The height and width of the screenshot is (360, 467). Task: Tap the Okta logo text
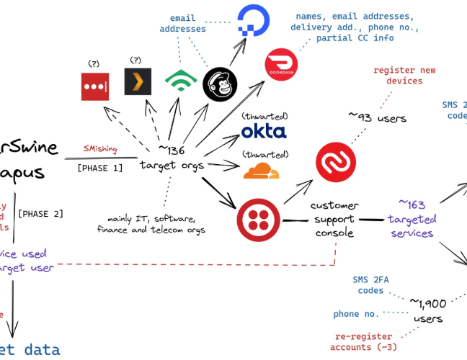(x=263, y=131)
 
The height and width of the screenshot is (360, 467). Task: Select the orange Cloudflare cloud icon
(x=261, y=171)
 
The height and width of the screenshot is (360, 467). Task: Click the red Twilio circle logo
(x=259, y=220)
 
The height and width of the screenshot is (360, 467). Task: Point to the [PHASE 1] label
(x=99, y=167)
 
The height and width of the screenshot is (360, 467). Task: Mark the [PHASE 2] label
(x=40, y=214)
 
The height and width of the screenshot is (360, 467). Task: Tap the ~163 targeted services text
(x=412, y=219)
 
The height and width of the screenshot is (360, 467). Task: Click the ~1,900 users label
(x=428, y=310)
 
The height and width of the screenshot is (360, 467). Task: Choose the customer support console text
(x=334, y=220)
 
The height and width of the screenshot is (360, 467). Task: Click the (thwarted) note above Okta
(x=265, y=115)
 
